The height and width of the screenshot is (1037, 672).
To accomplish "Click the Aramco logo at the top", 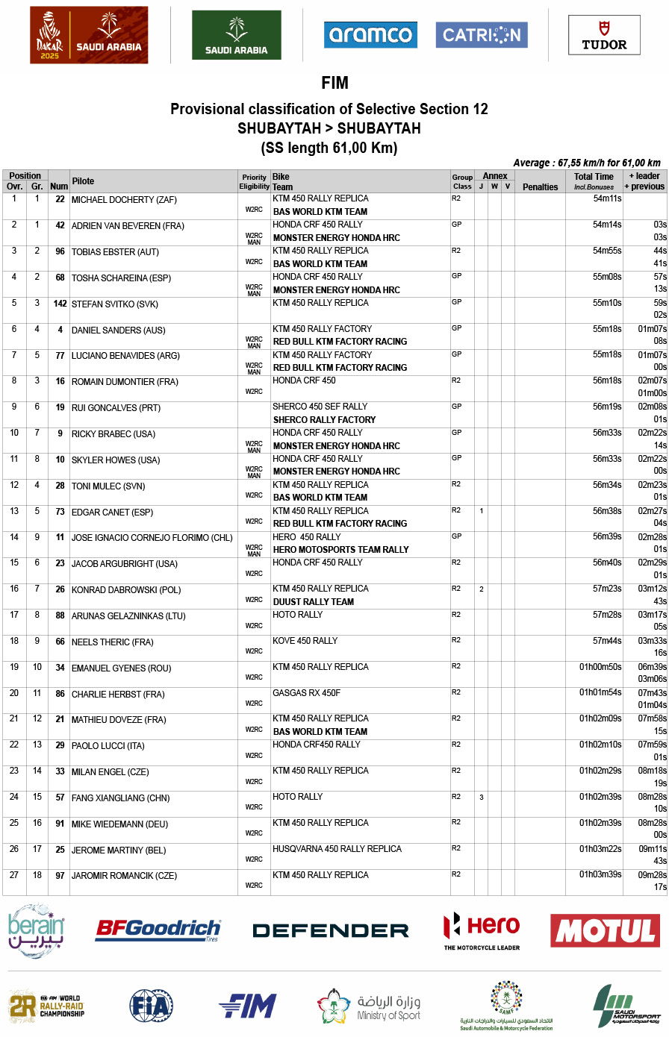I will click(370, 35).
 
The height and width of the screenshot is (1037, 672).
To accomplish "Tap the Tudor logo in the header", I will click(604, 36).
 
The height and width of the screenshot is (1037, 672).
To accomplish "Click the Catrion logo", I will click(482, 35).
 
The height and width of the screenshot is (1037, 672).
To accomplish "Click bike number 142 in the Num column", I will click(60, 304).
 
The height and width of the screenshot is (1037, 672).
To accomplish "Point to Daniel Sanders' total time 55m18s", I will click(607, 329).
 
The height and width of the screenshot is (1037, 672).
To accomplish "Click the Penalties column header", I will click(540, 187).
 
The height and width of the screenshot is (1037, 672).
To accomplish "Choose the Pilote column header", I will click(83, 181).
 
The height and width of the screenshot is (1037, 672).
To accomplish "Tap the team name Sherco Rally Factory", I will click(324, 420).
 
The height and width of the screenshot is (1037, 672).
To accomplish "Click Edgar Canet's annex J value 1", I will click(482, 511).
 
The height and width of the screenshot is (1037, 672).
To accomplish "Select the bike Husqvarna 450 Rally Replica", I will click(337, 849).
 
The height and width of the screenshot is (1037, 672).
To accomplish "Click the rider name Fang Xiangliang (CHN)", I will click(120, 798).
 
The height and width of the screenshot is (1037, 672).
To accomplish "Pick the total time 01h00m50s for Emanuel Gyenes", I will click(600, 667).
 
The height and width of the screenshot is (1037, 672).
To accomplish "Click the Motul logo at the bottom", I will click(605, 930).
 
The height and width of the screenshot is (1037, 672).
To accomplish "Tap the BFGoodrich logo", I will click(158, 930).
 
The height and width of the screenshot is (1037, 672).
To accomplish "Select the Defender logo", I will click(330, 930).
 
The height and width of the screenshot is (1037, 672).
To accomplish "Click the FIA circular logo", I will click(151, 1006).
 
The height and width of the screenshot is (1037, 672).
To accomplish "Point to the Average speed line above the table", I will click(586, 163).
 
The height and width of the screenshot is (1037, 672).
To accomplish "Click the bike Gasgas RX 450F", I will click(306, 693).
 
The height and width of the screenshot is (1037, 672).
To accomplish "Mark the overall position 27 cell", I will click(14, 875).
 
